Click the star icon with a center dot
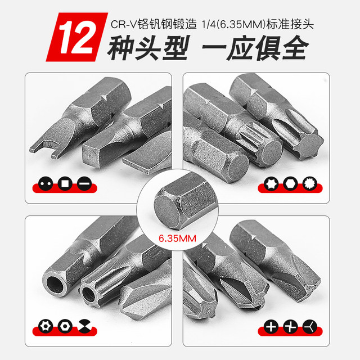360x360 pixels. click(42, 325)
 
